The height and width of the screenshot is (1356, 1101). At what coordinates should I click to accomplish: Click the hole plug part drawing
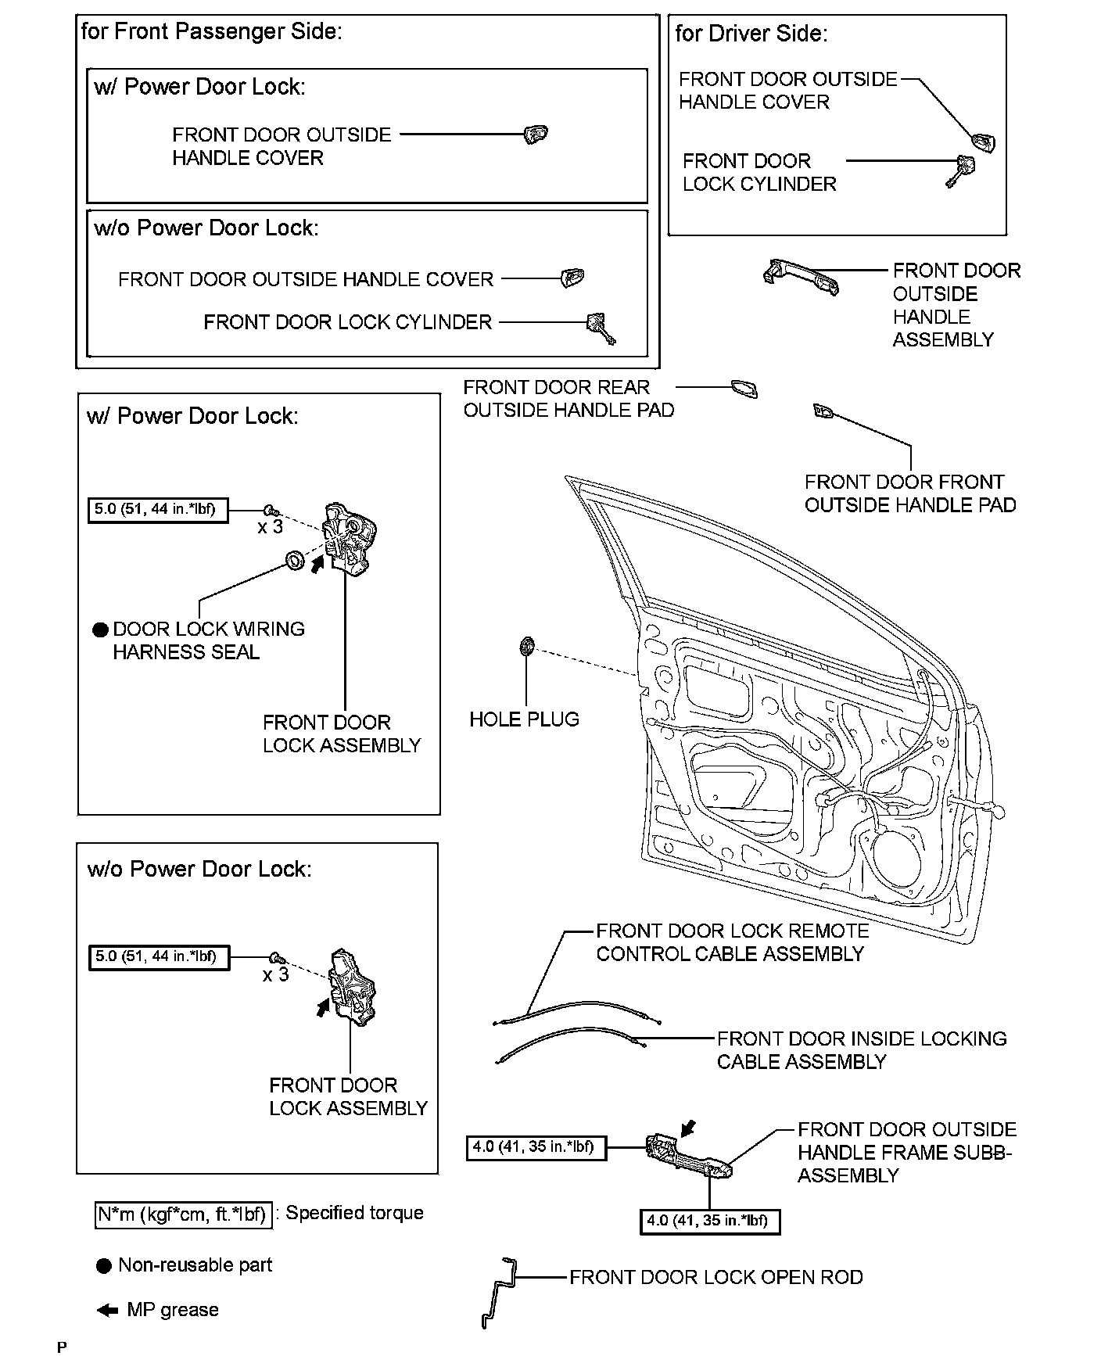(526, 646)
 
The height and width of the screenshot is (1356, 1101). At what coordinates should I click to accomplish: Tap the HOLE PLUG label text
(524, 719)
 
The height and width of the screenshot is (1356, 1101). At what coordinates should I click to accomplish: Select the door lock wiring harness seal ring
(295, 560)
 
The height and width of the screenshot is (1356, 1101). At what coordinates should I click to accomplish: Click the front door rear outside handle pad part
(744, 389)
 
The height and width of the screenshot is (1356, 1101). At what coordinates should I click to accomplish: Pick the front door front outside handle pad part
(824, 411)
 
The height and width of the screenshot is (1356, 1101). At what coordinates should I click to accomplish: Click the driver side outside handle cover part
(983, 142)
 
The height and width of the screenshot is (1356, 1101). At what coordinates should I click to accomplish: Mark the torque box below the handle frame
(709, 1221)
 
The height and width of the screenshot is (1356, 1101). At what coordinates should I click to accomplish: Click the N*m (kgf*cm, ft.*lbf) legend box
(184, 1215)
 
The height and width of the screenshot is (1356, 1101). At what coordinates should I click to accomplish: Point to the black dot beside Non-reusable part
(103, 1266)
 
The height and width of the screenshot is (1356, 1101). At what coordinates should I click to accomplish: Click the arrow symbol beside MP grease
(106, 1311)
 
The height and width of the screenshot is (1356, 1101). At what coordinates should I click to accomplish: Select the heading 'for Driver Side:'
(751, 34)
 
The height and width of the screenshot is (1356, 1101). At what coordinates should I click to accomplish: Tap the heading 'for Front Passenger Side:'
(211, 32)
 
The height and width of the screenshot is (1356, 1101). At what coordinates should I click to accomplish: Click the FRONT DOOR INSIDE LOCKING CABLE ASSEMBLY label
(861, 1050)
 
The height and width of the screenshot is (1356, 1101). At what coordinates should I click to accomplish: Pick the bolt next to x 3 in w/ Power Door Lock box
(271, 510)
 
